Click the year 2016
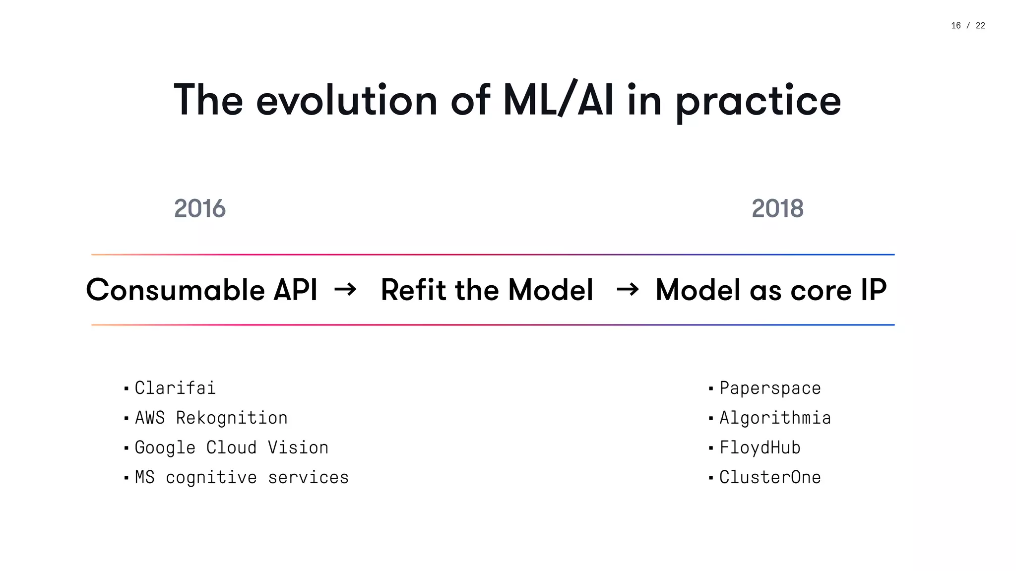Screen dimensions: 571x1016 pyautogui.click(x=200, y=208)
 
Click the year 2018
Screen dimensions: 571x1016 pyautogui.click(x=777, y=208)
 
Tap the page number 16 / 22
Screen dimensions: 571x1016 pyautogui.click(x=968, y=26)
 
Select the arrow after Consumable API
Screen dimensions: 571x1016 pyautogui.click(x=345, y=289)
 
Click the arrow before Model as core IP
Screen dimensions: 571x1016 pyautogui.click(x=628, y=289)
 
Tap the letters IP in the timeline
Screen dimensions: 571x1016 pyautogui.click(x=873, y=290)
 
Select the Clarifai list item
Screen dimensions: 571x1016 pyautogui.click(x=175, y=388)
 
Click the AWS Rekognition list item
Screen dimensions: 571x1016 pyautogui.click(x=211, y=418)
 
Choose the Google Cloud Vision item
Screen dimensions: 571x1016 pyautogui.click(x=231, y=447)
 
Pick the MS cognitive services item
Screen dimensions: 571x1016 pyautogui.click(x=242, y=477)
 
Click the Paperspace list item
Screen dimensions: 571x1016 pyautogui.click(x=770, y=388)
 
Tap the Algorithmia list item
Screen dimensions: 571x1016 pyautogui.click(x=775, y=418)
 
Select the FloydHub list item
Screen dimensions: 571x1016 pyautogui.click(x=760, y=447)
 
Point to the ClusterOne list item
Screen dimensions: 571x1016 pyautogui.click(x=770, y=477)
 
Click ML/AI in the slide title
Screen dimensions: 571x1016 pyautogui.click(x=558, y=100)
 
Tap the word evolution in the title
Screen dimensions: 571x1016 pyautogui.click(x=347, y=100)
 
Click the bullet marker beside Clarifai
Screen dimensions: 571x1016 pyautogui.click(x=127, y=388)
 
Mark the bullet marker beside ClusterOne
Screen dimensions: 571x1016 pyautogui.click(x=711, y=478)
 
